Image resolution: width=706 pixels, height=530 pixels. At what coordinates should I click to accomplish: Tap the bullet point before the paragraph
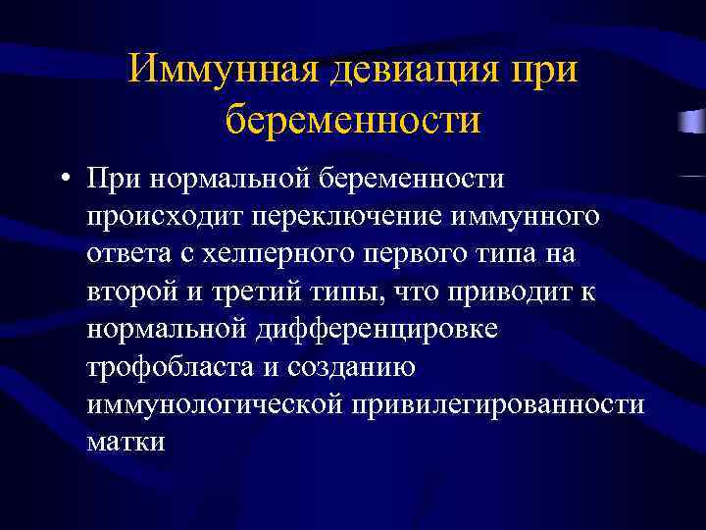[x=64, y=181]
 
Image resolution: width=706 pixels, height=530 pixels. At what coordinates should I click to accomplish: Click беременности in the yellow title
[x=353, y=121]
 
